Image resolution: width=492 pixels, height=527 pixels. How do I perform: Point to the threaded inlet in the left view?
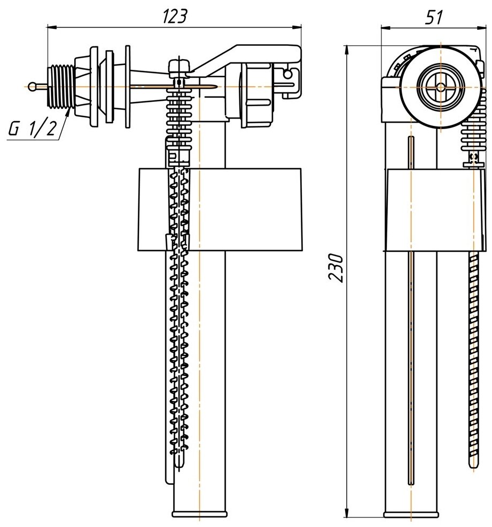pos(63,86)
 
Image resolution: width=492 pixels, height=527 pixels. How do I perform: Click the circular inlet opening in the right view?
pos(440,85)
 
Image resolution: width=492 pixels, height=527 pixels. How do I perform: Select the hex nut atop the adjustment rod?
pos(178,67)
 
